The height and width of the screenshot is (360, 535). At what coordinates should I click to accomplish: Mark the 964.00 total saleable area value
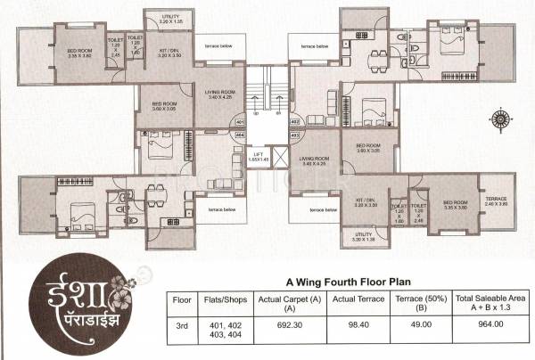pyautogui.click(x=480, y=330)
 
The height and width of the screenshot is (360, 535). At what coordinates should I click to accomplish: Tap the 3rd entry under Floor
pyautogui.click(x=181, y=330)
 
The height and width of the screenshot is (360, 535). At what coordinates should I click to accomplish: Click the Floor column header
pyautogui.click(x=181, y=300)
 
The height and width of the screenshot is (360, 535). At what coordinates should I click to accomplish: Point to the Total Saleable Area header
pyautogui.click(x=480, y=300)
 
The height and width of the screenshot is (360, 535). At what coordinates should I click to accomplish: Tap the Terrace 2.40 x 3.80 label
pyautogui.click(x=495, y=201)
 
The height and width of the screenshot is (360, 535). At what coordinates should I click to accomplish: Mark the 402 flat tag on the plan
pyautogui.click(x=295, y=120)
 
